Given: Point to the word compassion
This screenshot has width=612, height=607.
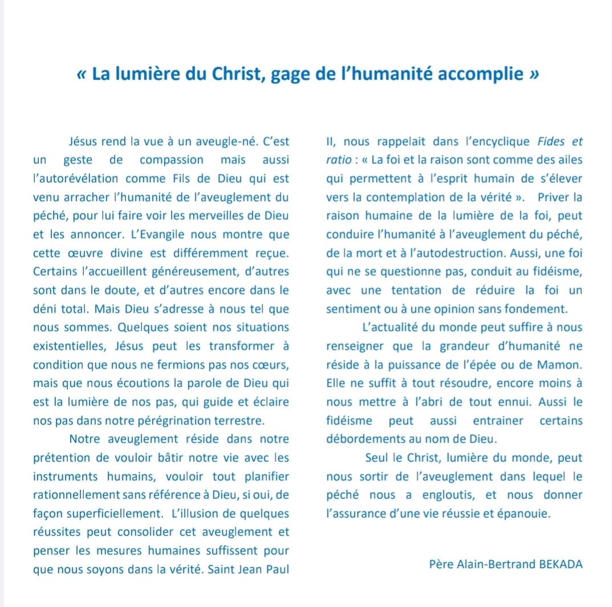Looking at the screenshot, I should point(172,160).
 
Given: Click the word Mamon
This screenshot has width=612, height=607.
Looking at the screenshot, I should point(562,365).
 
